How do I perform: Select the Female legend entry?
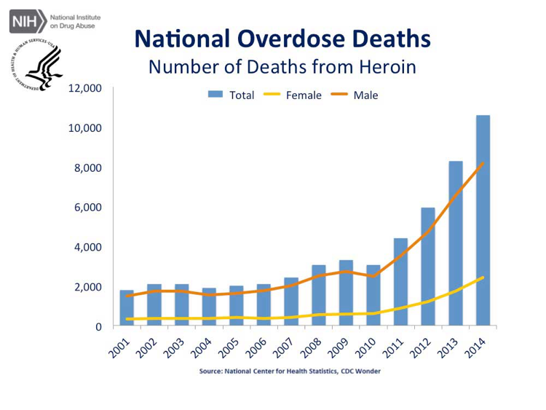click(294, 95)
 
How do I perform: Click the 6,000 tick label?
click(89, 208)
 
